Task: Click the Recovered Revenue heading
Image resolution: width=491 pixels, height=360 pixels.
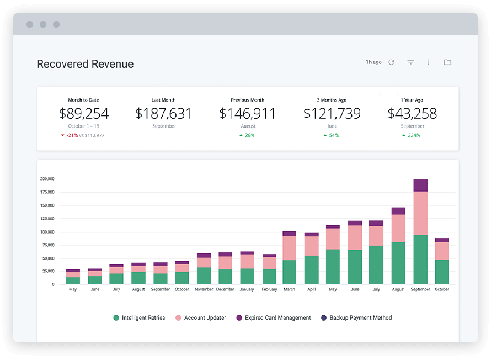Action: pyautogui.click(x=85, y=64)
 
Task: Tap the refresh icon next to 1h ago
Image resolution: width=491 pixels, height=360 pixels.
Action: pyautogui.click(x=392, y=62)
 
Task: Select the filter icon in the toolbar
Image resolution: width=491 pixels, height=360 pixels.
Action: pyautogui.click(x=410, y=62)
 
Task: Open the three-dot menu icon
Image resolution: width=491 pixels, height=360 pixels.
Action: pyautogui.click(x=428, y=62)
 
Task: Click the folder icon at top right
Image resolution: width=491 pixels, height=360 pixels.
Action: pyautogui.click(x=447, y=62)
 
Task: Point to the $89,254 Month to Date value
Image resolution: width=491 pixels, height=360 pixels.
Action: pyautogui.click(x=84, y=114)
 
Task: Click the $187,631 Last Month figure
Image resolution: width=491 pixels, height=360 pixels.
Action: pyautogui.click(x=163, y=114)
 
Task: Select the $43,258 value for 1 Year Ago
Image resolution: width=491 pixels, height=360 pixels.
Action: pyautogui.click(x=412, y=114)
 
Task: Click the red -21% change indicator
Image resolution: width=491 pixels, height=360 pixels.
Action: pyautogui.click(x=72, y=135)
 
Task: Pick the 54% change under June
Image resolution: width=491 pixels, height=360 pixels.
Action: pyautogui.click(x=332, y=135)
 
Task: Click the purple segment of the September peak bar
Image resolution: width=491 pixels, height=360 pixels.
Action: pyautogui.click(x=420, y=185)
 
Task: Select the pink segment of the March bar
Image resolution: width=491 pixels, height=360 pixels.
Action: pyautogui.click(x=290, y=248)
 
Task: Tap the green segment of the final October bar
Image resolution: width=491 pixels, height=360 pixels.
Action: pyautogui.click(x=442, y=272)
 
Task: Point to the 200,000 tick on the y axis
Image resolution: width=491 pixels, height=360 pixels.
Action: pyautogui.click(x=47, y=179)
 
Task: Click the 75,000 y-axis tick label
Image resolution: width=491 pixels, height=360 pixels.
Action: pyautogui.click(x=48, y=245)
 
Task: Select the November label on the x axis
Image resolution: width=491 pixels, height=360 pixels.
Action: pyautogui.click(x=204, y=289)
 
